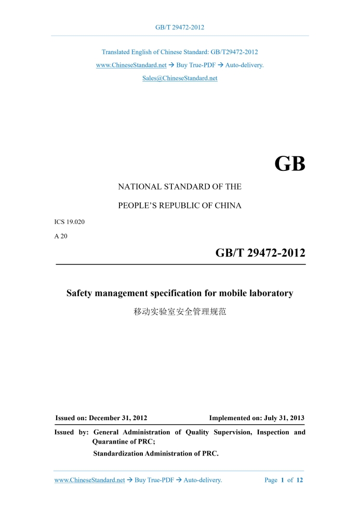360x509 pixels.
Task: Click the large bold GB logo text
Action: [289, 165]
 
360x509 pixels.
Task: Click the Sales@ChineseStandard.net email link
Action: [180, 78]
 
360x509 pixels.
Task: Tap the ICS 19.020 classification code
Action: [70, 222]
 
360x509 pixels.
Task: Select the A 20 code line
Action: [61, 236]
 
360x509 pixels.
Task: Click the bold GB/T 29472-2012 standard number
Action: [260, 253]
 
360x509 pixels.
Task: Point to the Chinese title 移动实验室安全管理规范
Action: [180, 312]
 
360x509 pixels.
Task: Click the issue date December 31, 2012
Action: [118, 418]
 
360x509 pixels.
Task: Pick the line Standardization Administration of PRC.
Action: [156, 453]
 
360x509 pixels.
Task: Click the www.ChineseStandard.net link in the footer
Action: [89, 480]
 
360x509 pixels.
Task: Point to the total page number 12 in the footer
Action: [300, 480]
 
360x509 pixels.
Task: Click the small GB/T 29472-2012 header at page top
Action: [180, 28]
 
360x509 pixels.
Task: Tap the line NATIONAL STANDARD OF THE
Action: [180, 186]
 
